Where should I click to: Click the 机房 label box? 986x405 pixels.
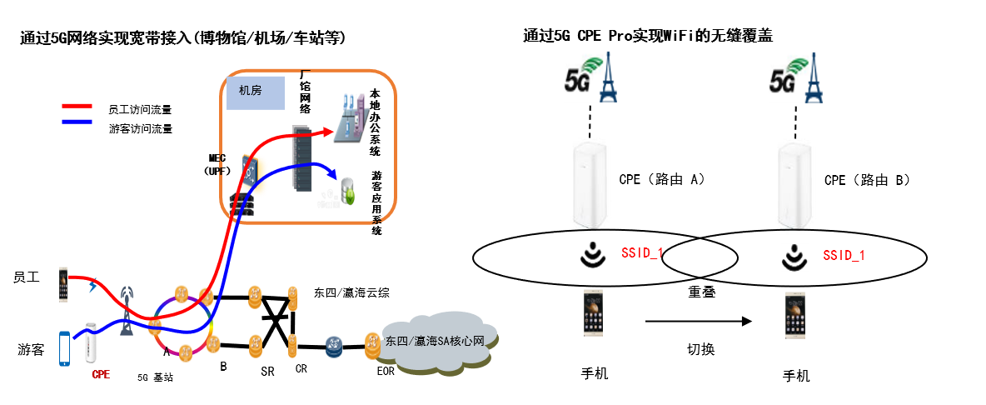(256, 92)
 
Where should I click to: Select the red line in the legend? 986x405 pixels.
(77, 106)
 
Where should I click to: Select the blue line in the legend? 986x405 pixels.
(77, 121)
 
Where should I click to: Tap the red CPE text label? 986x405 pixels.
(101, 375)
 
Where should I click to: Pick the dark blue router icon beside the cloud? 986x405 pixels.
(333, 347)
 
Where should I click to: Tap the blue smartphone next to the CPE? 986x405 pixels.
(65, 347)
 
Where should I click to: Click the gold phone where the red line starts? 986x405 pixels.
(63, 283)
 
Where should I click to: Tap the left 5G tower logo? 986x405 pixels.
(590, 77)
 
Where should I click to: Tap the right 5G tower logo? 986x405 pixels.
(795, 77)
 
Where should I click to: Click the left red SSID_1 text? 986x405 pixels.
(642, 252)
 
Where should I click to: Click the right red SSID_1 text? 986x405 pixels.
(844, 255)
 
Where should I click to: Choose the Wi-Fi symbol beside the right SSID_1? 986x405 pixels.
(794, 257)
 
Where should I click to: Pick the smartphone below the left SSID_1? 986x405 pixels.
(593, 312)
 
